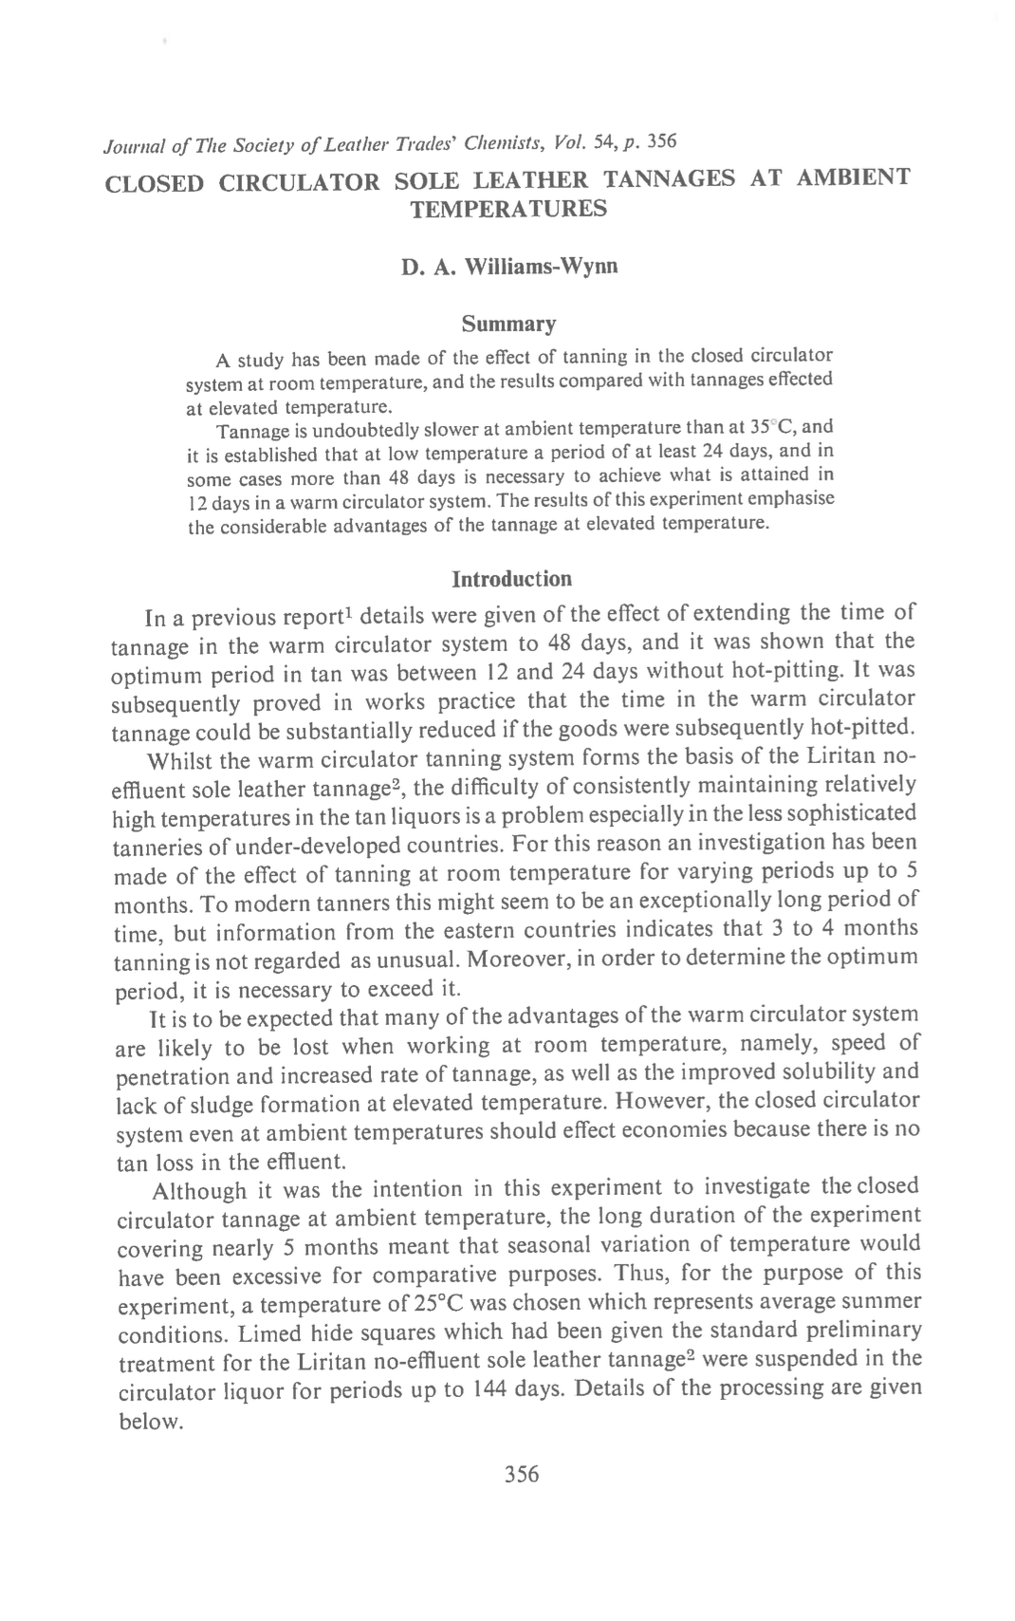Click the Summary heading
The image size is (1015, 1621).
[x=507, y=325]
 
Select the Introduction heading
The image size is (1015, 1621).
[x=511, y=579]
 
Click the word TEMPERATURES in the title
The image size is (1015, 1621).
[x=507, y=208]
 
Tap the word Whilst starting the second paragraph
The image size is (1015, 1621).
[x=183, y=761]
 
